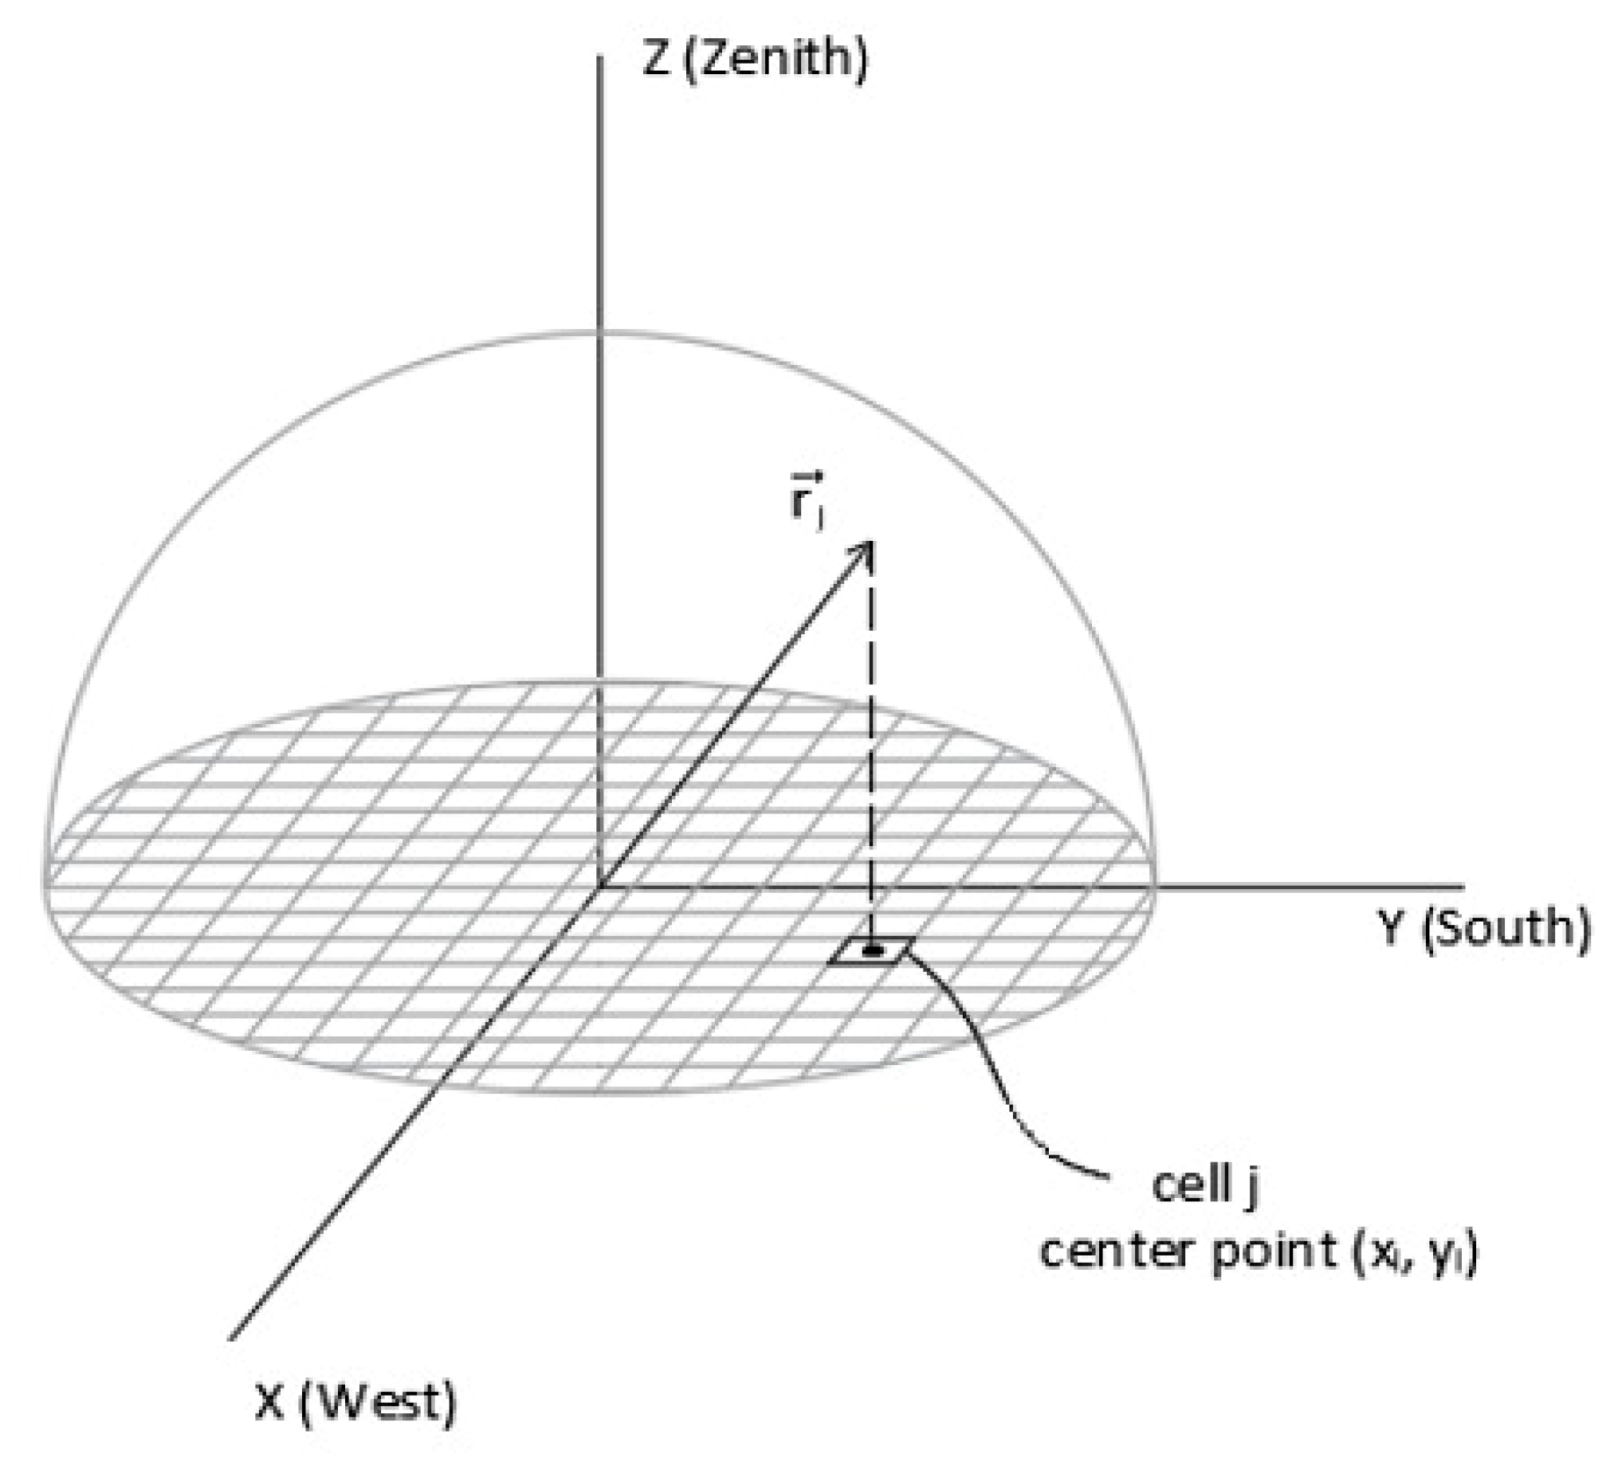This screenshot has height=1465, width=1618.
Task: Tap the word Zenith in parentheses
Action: point(776,61)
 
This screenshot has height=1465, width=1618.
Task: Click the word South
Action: point(1505,930)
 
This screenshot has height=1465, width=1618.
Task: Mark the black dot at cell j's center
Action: point(872,950)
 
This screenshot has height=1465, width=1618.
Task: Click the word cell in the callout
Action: point(1188,1186)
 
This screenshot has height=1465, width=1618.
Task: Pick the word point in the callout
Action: point(1272,1253)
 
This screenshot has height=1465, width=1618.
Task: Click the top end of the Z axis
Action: point(599,56)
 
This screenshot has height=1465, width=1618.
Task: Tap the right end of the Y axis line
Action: point(1463,887)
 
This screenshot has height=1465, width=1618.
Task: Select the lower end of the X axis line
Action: point(231,1339)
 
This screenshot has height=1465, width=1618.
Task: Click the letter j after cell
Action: point(1251,1188)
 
